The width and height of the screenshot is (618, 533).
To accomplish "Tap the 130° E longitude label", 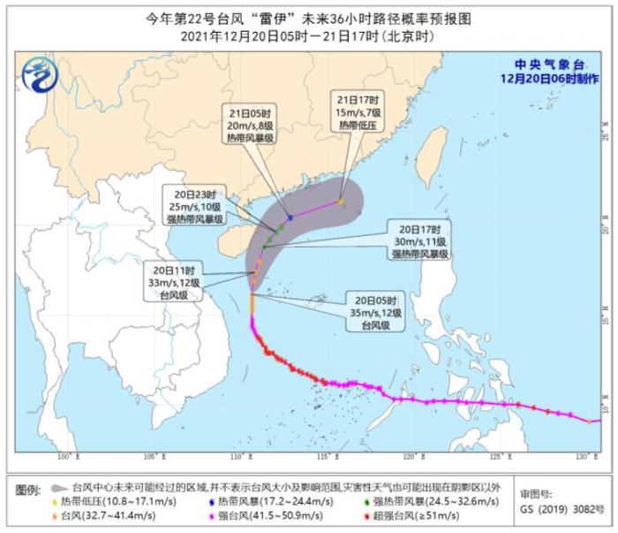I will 581,456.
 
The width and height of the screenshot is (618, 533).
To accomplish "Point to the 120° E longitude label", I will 411,456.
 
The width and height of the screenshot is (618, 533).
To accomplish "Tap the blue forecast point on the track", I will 290,217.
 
